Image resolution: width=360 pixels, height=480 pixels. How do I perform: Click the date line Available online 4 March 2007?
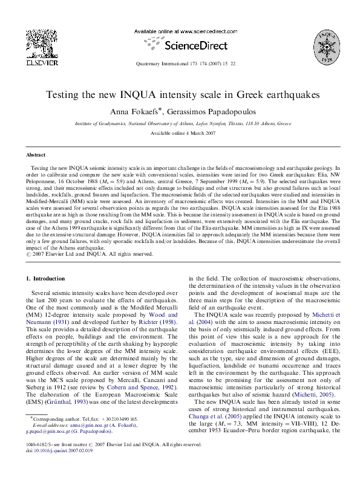click(x=179, y=132)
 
